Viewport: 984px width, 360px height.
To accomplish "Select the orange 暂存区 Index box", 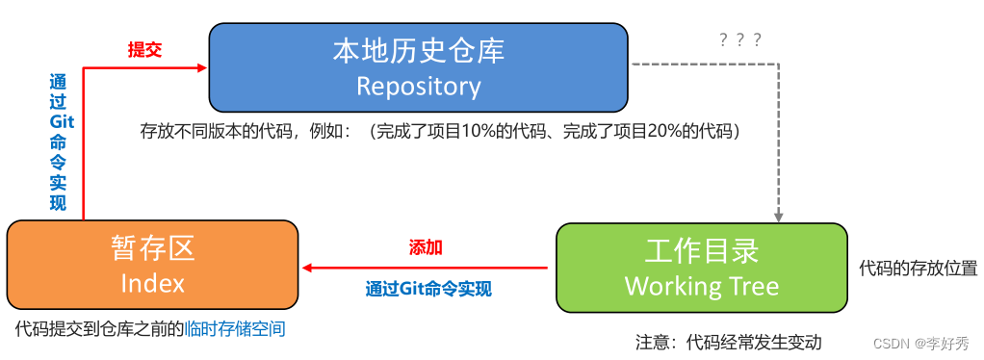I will [x=152, y=266].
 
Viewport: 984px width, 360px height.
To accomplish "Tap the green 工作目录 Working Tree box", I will [x=701, y=268].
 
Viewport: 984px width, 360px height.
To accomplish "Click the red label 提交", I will [x=144, y=50].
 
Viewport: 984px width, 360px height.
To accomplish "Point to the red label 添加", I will [x=426, y=247].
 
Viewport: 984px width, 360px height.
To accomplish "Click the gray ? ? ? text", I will [x=740, y=39].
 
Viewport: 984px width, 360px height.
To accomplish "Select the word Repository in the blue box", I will [x=418, y=86].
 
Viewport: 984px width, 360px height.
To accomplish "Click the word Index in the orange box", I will [x=152, y=283].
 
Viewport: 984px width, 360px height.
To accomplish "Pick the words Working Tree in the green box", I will [x=701, y=286].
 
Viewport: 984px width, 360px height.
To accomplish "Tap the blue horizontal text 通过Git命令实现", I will [x=428, y=287].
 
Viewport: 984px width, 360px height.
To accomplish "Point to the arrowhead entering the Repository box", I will [x=202, y=67].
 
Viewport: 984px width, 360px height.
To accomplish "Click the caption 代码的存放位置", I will [x=918, y=268].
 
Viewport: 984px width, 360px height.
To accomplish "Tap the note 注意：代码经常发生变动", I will [x=728, y=342].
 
